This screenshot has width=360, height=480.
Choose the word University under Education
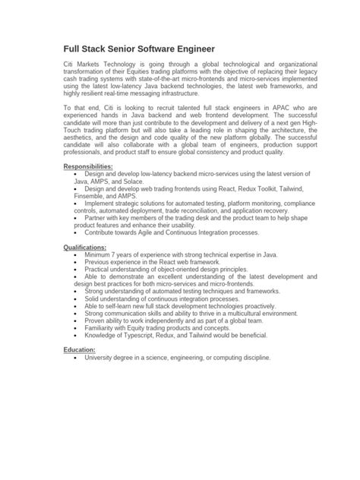tap(101, 357)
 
